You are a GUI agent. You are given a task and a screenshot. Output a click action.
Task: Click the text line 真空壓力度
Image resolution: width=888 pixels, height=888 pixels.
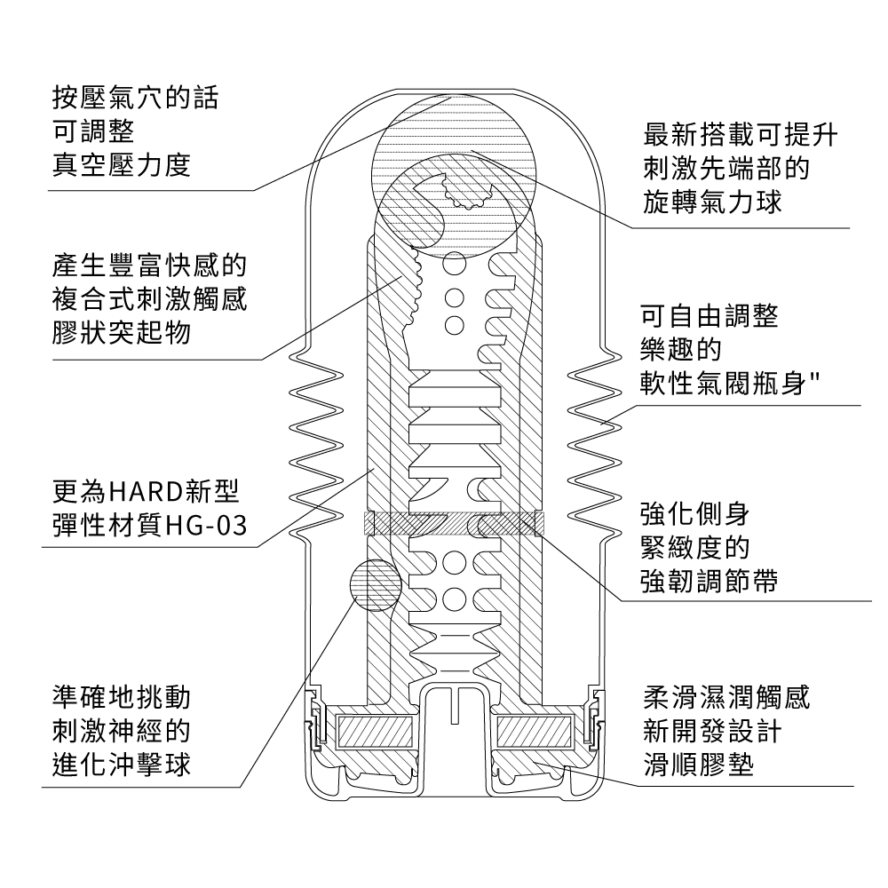click(122, 166)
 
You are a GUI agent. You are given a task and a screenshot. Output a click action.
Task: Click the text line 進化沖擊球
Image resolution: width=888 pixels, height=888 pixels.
click(122, 765)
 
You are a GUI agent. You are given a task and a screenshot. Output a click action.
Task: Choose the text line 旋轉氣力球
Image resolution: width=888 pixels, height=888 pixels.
click(713, 202)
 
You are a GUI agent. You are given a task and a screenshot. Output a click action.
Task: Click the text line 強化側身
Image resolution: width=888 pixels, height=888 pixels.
click(696, 513)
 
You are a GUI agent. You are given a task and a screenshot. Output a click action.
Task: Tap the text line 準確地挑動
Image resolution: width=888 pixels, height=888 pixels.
click(122, 695)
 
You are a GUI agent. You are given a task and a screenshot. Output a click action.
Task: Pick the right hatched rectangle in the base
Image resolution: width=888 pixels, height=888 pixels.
click(535, 732)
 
